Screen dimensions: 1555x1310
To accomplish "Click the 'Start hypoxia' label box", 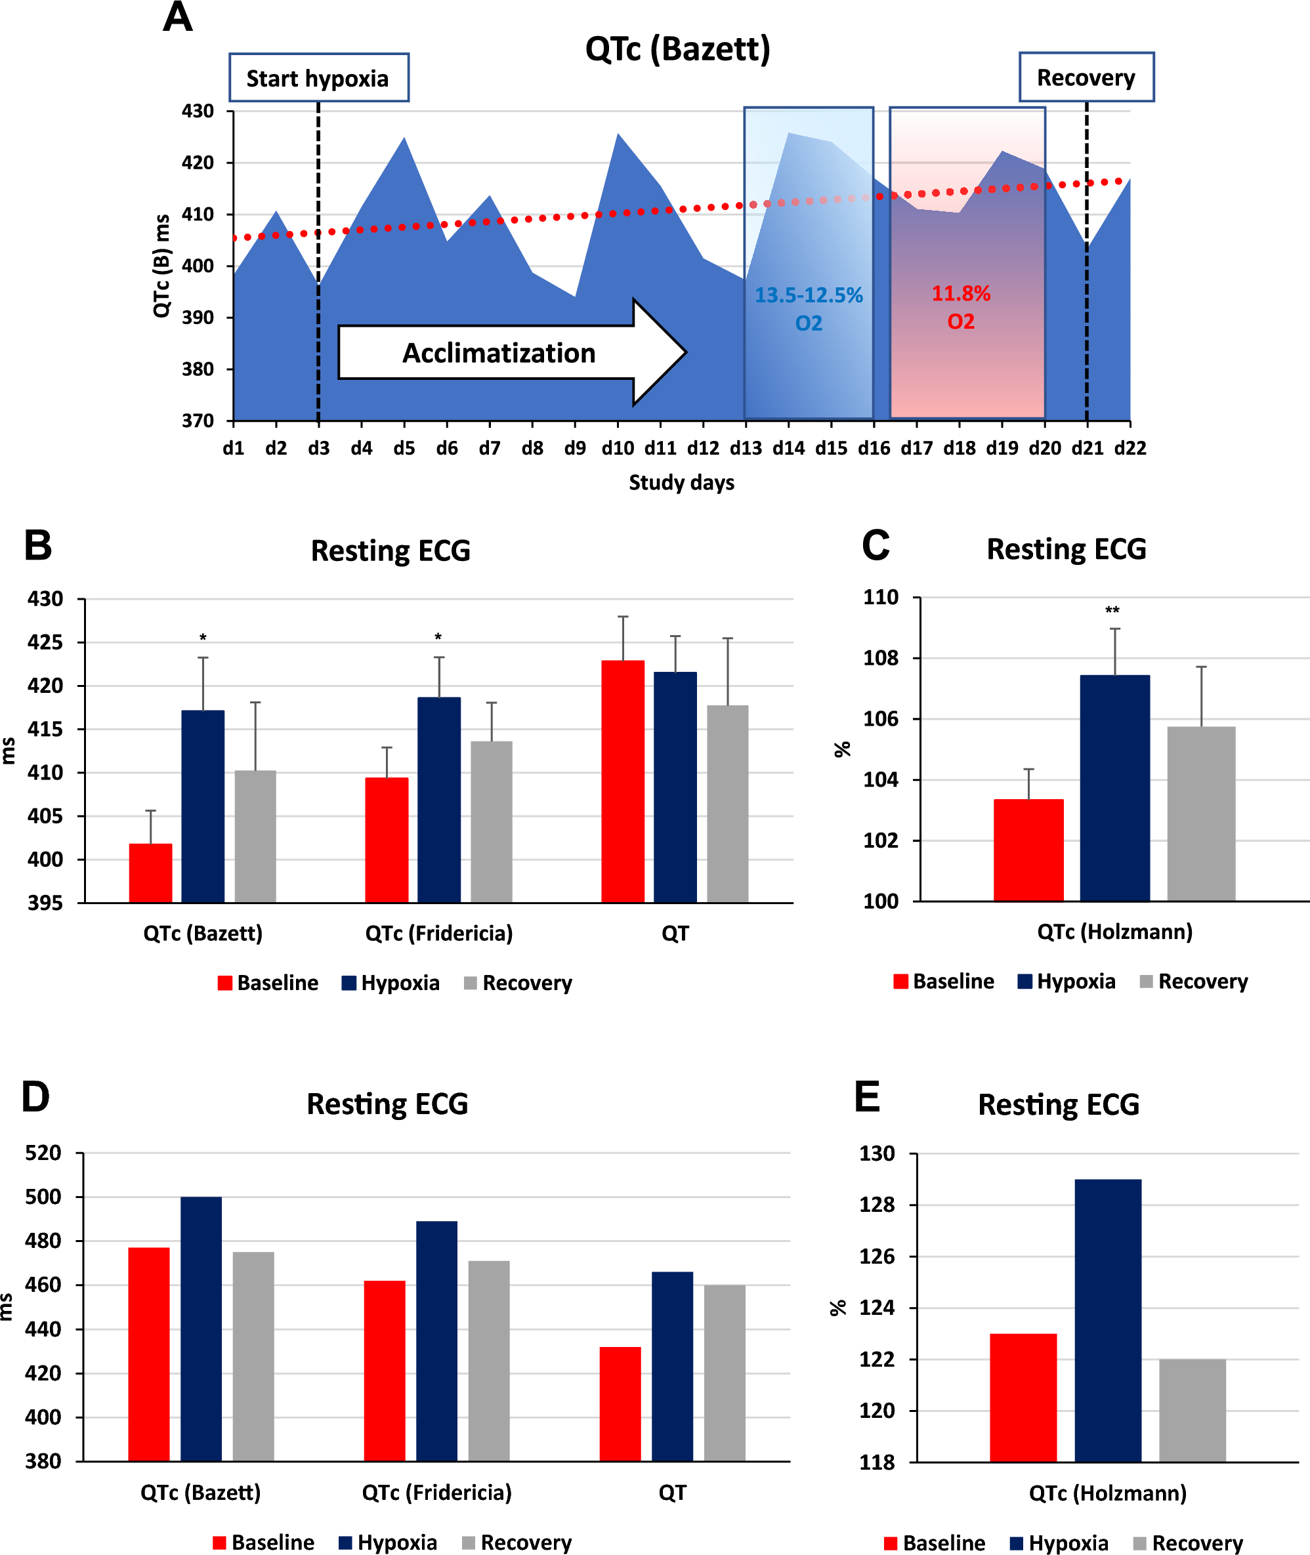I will tap(318, 78).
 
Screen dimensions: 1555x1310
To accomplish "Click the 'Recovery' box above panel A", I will tap(1086, 77).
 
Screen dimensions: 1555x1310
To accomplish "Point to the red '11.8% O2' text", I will tap(961, 306).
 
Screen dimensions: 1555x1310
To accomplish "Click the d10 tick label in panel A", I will tap(617, 448).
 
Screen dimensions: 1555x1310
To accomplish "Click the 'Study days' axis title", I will tap(681, 482).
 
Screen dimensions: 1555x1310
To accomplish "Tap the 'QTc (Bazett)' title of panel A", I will tap(677, 49).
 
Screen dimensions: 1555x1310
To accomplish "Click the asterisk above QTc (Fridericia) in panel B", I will tap(438, 638).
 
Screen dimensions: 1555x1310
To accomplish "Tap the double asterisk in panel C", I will tap(1112, 611).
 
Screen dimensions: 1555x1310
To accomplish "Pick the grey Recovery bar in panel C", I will tap(1201, 814).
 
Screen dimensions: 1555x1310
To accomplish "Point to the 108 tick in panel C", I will tap(881, 658).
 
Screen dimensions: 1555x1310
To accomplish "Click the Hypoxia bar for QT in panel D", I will tap(672, 1367).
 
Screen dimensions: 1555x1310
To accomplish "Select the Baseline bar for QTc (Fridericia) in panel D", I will tap(385, 1370).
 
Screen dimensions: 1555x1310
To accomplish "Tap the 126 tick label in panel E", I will tap(877, 1256).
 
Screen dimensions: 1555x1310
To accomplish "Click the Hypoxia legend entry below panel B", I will tap(391, 983).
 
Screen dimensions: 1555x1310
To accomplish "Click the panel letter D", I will tap(35, 1096).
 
